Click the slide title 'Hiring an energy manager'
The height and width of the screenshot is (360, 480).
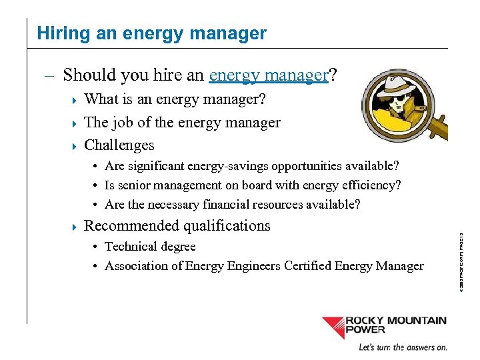[x=151, y=33]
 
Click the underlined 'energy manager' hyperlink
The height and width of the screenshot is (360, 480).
[x=269, y=75]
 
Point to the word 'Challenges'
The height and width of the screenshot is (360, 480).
[x=119, y=145]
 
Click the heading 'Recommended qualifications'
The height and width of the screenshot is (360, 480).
[x=177, y=226]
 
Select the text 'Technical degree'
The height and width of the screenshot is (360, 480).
[x=150, y=247]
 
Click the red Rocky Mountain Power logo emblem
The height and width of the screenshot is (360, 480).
[x=333, y=327]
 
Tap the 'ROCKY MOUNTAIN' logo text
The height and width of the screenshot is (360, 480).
[x=396, y=321]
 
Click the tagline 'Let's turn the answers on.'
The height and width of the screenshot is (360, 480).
[x=402, y=347]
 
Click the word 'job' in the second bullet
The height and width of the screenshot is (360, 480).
[x=121, y=123]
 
